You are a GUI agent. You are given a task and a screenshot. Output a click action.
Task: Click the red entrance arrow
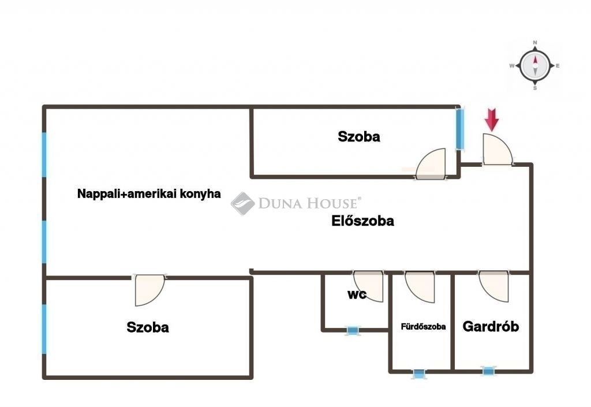click(x=492, y=120)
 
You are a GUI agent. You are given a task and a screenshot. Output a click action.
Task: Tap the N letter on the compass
click(x=535, y=43)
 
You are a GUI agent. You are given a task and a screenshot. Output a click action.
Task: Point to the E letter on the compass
click(x=558, y=66)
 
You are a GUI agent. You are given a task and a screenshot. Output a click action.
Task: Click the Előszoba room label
click(x=362, y=221)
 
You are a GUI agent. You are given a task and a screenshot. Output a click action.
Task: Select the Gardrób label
click(x=491, y=326)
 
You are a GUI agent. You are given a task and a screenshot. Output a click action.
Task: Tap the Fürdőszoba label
click(x=423, y=326)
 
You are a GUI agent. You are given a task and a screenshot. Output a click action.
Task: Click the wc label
click(x=357, y=294)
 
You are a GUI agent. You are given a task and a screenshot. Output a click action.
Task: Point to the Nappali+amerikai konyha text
click(x=149, y=194)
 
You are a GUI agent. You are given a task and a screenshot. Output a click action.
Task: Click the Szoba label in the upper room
click(x=359, y=136)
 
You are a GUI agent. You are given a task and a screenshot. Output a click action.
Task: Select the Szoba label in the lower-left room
click(x=148, y=327)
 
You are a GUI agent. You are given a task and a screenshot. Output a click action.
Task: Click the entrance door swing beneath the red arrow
click(x=498, y=149)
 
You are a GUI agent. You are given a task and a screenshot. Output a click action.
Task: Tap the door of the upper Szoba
click(x=431, y=163)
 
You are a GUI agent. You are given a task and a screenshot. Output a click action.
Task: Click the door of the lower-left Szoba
click(x=149, y=290)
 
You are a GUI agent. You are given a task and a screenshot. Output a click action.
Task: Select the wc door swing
click(x=368, y=286)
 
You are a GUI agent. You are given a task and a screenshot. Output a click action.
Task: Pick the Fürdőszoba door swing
click(x=420, y=287)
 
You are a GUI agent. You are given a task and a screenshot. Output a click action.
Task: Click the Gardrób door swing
click(x=493, y=286)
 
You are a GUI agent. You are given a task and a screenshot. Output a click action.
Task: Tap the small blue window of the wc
click(x=353, y=331)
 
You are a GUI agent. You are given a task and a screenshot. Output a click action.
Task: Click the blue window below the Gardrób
click(x=488, y=372)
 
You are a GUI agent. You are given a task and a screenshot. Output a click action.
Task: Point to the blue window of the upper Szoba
click(x=459, y=129)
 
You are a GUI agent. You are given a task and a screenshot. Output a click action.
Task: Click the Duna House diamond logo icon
click(x=243, y=203)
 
